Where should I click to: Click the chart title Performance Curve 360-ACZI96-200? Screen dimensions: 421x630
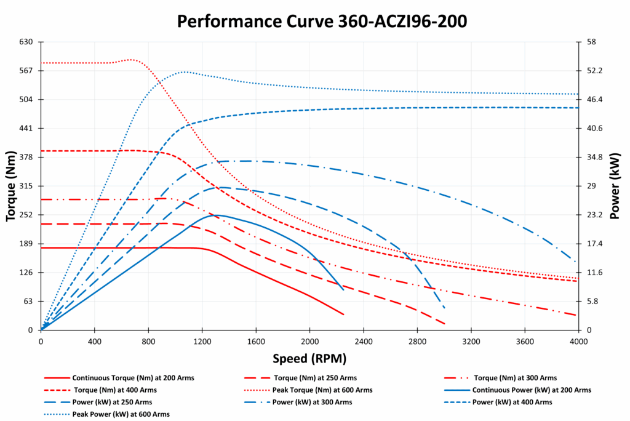pyautogui.click(x=322, y=21)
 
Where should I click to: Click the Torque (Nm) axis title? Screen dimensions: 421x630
pyautogui.click(x=10, y=186)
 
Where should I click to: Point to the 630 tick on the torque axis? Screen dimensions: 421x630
pyautogui.click(x=25, y=42)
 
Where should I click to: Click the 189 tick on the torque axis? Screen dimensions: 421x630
pyautogui.click(x=25, y=244)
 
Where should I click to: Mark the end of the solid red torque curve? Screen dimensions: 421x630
pyautogui.click(x=343, y=315)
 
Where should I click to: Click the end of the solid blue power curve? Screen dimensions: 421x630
pyautogui.click(x=343, y=289)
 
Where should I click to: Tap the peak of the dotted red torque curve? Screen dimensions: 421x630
pyautogui.click(x=131, y=60)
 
